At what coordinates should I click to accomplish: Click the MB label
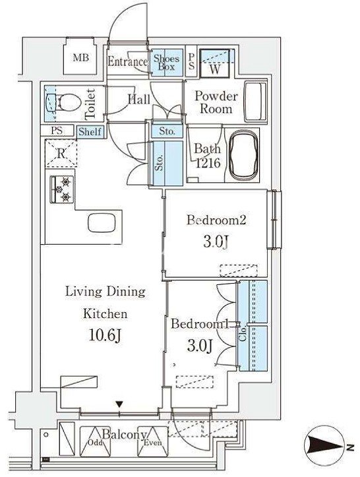(81, 57)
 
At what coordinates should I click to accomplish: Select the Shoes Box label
(166, 63)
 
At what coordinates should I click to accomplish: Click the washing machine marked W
(215, 63)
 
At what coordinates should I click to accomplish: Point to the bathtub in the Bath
(243, 156)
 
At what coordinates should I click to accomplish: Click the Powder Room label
(216, 102)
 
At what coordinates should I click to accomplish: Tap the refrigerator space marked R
(61, 153)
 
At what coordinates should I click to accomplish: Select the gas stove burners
(62, 189)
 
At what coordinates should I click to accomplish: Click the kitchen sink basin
(102, 223)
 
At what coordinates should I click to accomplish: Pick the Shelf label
(90, 132)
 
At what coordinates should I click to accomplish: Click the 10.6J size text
(105, 336)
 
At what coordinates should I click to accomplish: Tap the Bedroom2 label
(216, 220)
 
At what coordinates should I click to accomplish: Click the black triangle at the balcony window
(119, 404)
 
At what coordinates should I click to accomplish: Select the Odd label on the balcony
(94, 443)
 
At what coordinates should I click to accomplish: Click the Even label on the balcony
(152, 443)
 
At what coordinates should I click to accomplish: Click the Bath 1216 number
(208, 164)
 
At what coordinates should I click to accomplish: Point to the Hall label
(138, 99)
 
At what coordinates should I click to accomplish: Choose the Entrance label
(128, 62)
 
